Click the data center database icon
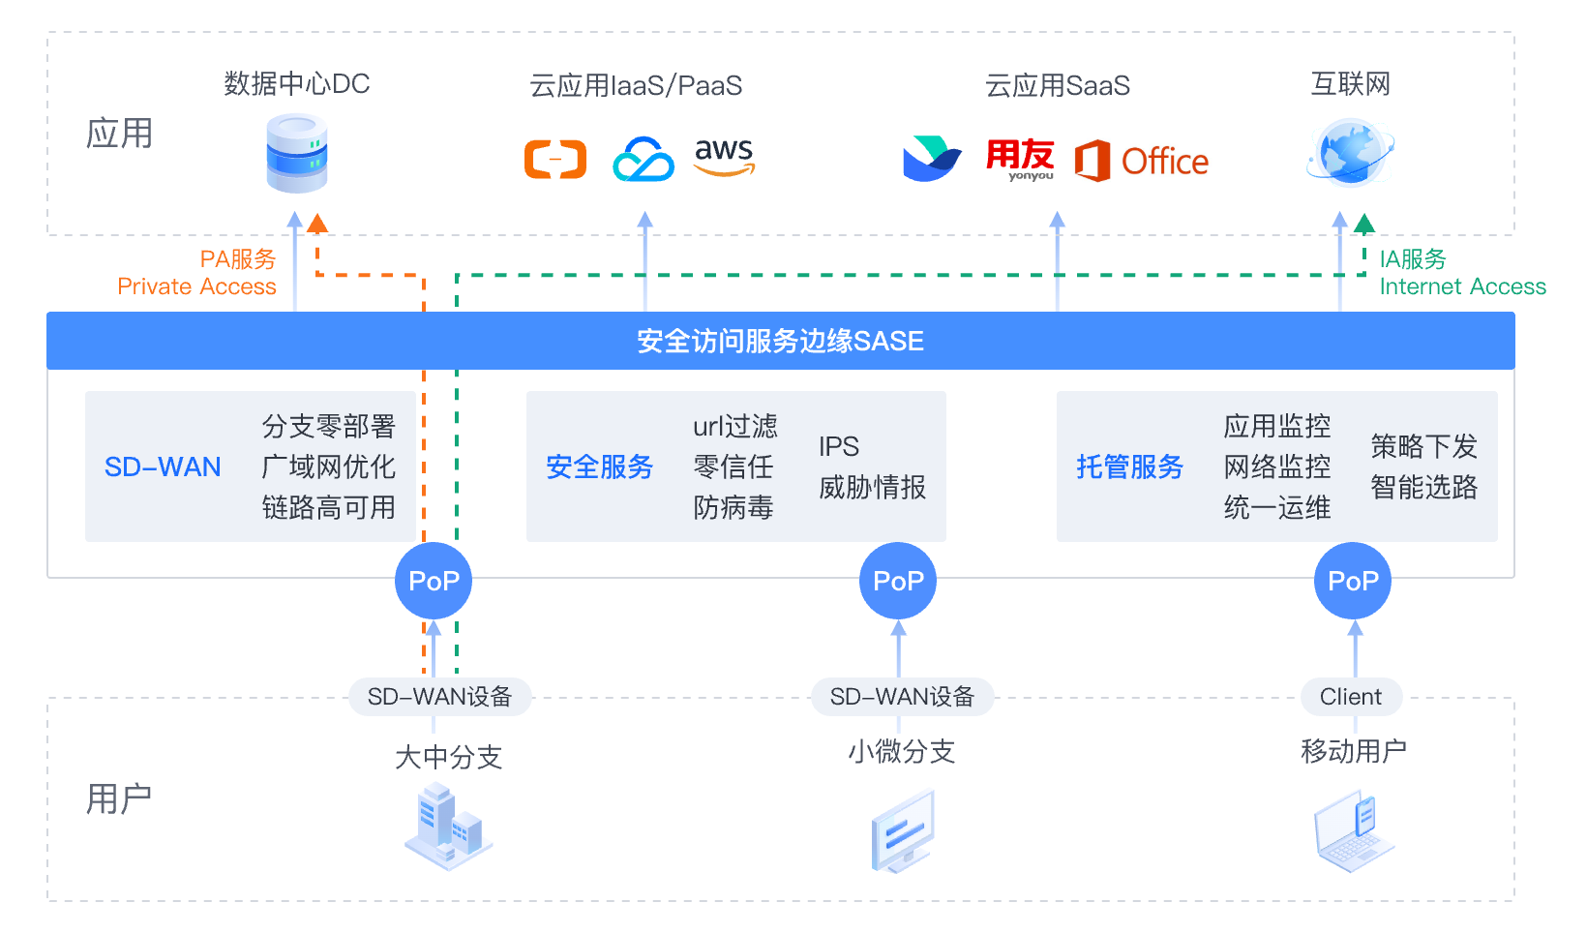click(x=297, y=153)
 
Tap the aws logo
click(x=724, y=157)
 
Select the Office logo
click(x=1142, y=161)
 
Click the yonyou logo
click(x=1020, y=159)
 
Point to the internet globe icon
click(x=1351, y=153)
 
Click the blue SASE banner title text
click(x=780, y=341)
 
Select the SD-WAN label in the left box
click(x=163, y=466)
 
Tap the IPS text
click(x=838, y=446)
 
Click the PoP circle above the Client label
click(x=1353, y=581)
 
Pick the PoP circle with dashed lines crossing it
click(x=434, y=581)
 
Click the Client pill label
click(x=1351, y=697)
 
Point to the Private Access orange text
click(x=196, y=286)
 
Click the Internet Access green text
click(x=1462, y=286)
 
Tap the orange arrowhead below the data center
click(x=317, y=224)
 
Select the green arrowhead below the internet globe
click(x=1364, y=225)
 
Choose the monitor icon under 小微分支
click(x=903, y=830)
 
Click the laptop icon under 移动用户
click(x=1353, y=830)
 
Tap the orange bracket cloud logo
click(x=555, y=160)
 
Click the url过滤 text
click(x=734, y=426)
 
